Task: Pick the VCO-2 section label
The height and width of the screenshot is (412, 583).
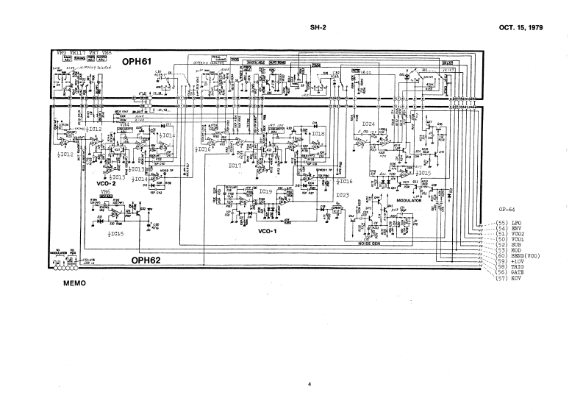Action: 107,184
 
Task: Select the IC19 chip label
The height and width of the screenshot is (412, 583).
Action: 265,191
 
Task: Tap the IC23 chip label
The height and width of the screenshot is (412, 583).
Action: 342,195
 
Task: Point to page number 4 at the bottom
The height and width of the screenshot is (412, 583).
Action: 310,385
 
